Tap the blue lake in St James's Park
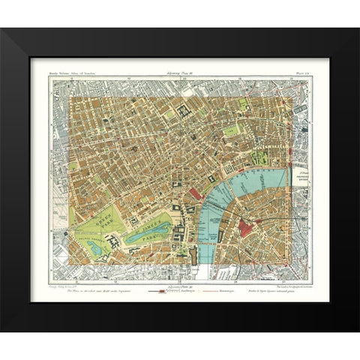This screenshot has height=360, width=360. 144,235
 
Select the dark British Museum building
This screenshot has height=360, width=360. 185,114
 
